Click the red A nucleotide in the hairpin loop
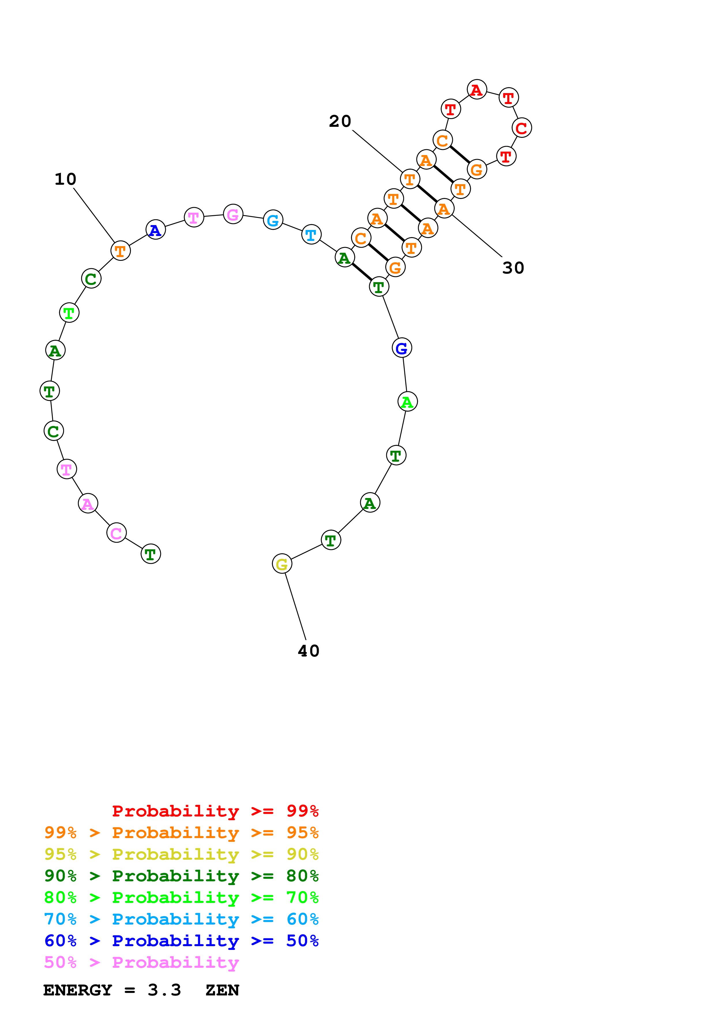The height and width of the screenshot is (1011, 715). click(477, 90)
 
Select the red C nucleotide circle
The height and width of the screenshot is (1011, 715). click(521, 128)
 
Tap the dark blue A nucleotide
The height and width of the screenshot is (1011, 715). click(155, 229)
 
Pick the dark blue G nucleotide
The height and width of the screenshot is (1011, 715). click(402, 348)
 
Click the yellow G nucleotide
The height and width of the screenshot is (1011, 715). click(282, 564)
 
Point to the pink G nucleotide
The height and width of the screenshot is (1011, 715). click(233, 214)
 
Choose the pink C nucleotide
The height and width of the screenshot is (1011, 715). click(116, 533)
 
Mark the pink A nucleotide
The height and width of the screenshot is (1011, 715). click(88, 503)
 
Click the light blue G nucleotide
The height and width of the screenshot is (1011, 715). click(273, 220)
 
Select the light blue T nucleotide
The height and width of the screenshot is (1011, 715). click(311, 235)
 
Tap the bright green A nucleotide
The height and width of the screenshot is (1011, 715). click(408, 401)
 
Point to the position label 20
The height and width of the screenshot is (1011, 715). click(340, 121)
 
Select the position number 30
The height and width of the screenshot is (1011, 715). click(513, 268)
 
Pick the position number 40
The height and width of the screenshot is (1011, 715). click(308, 651)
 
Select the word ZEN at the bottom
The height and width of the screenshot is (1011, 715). click(222, 990)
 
